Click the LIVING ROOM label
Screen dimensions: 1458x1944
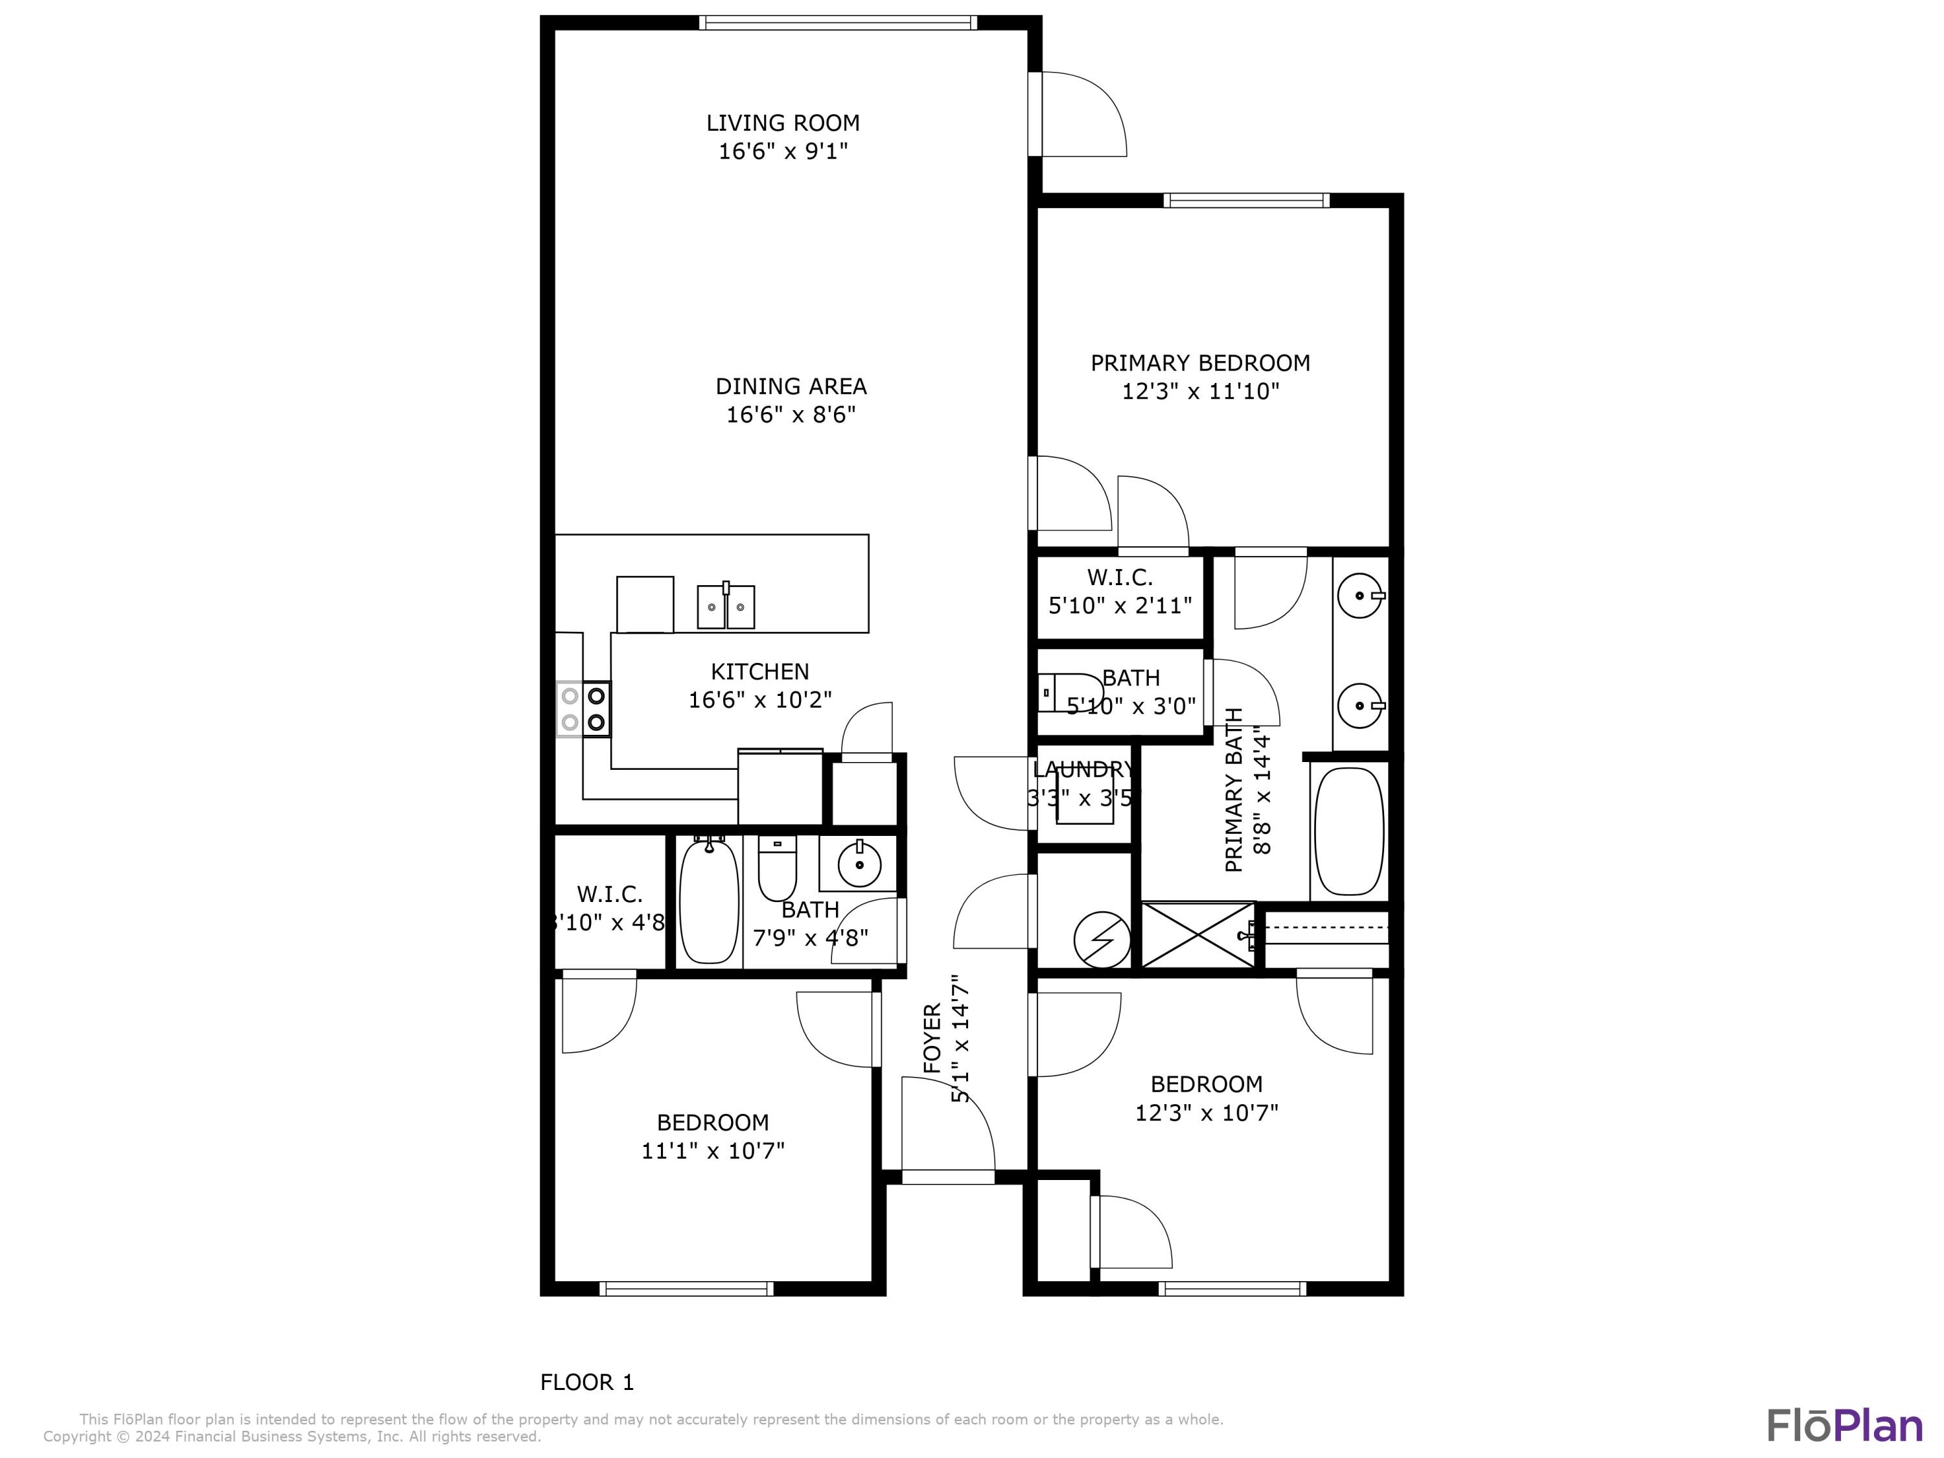click(x=782, y=123)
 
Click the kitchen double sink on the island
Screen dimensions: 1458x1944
click(x=726, y=607)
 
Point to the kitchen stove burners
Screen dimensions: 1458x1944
click(x=584, y=708)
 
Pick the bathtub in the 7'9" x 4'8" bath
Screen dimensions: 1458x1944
click(x=708, y=902)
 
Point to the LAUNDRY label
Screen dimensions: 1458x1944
click(x=1083, y=770)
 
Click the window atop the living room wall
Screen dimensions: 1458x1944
click(x=837, y=23)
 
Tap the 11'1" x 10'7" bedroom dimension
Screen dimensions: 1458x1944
click(x=712, y=1150)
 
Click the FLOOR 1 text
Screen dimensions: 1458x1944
click(x=586, y=1382)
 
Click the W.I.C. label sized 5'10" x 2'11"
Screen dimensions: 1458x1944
click(x=1120, y=577)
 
